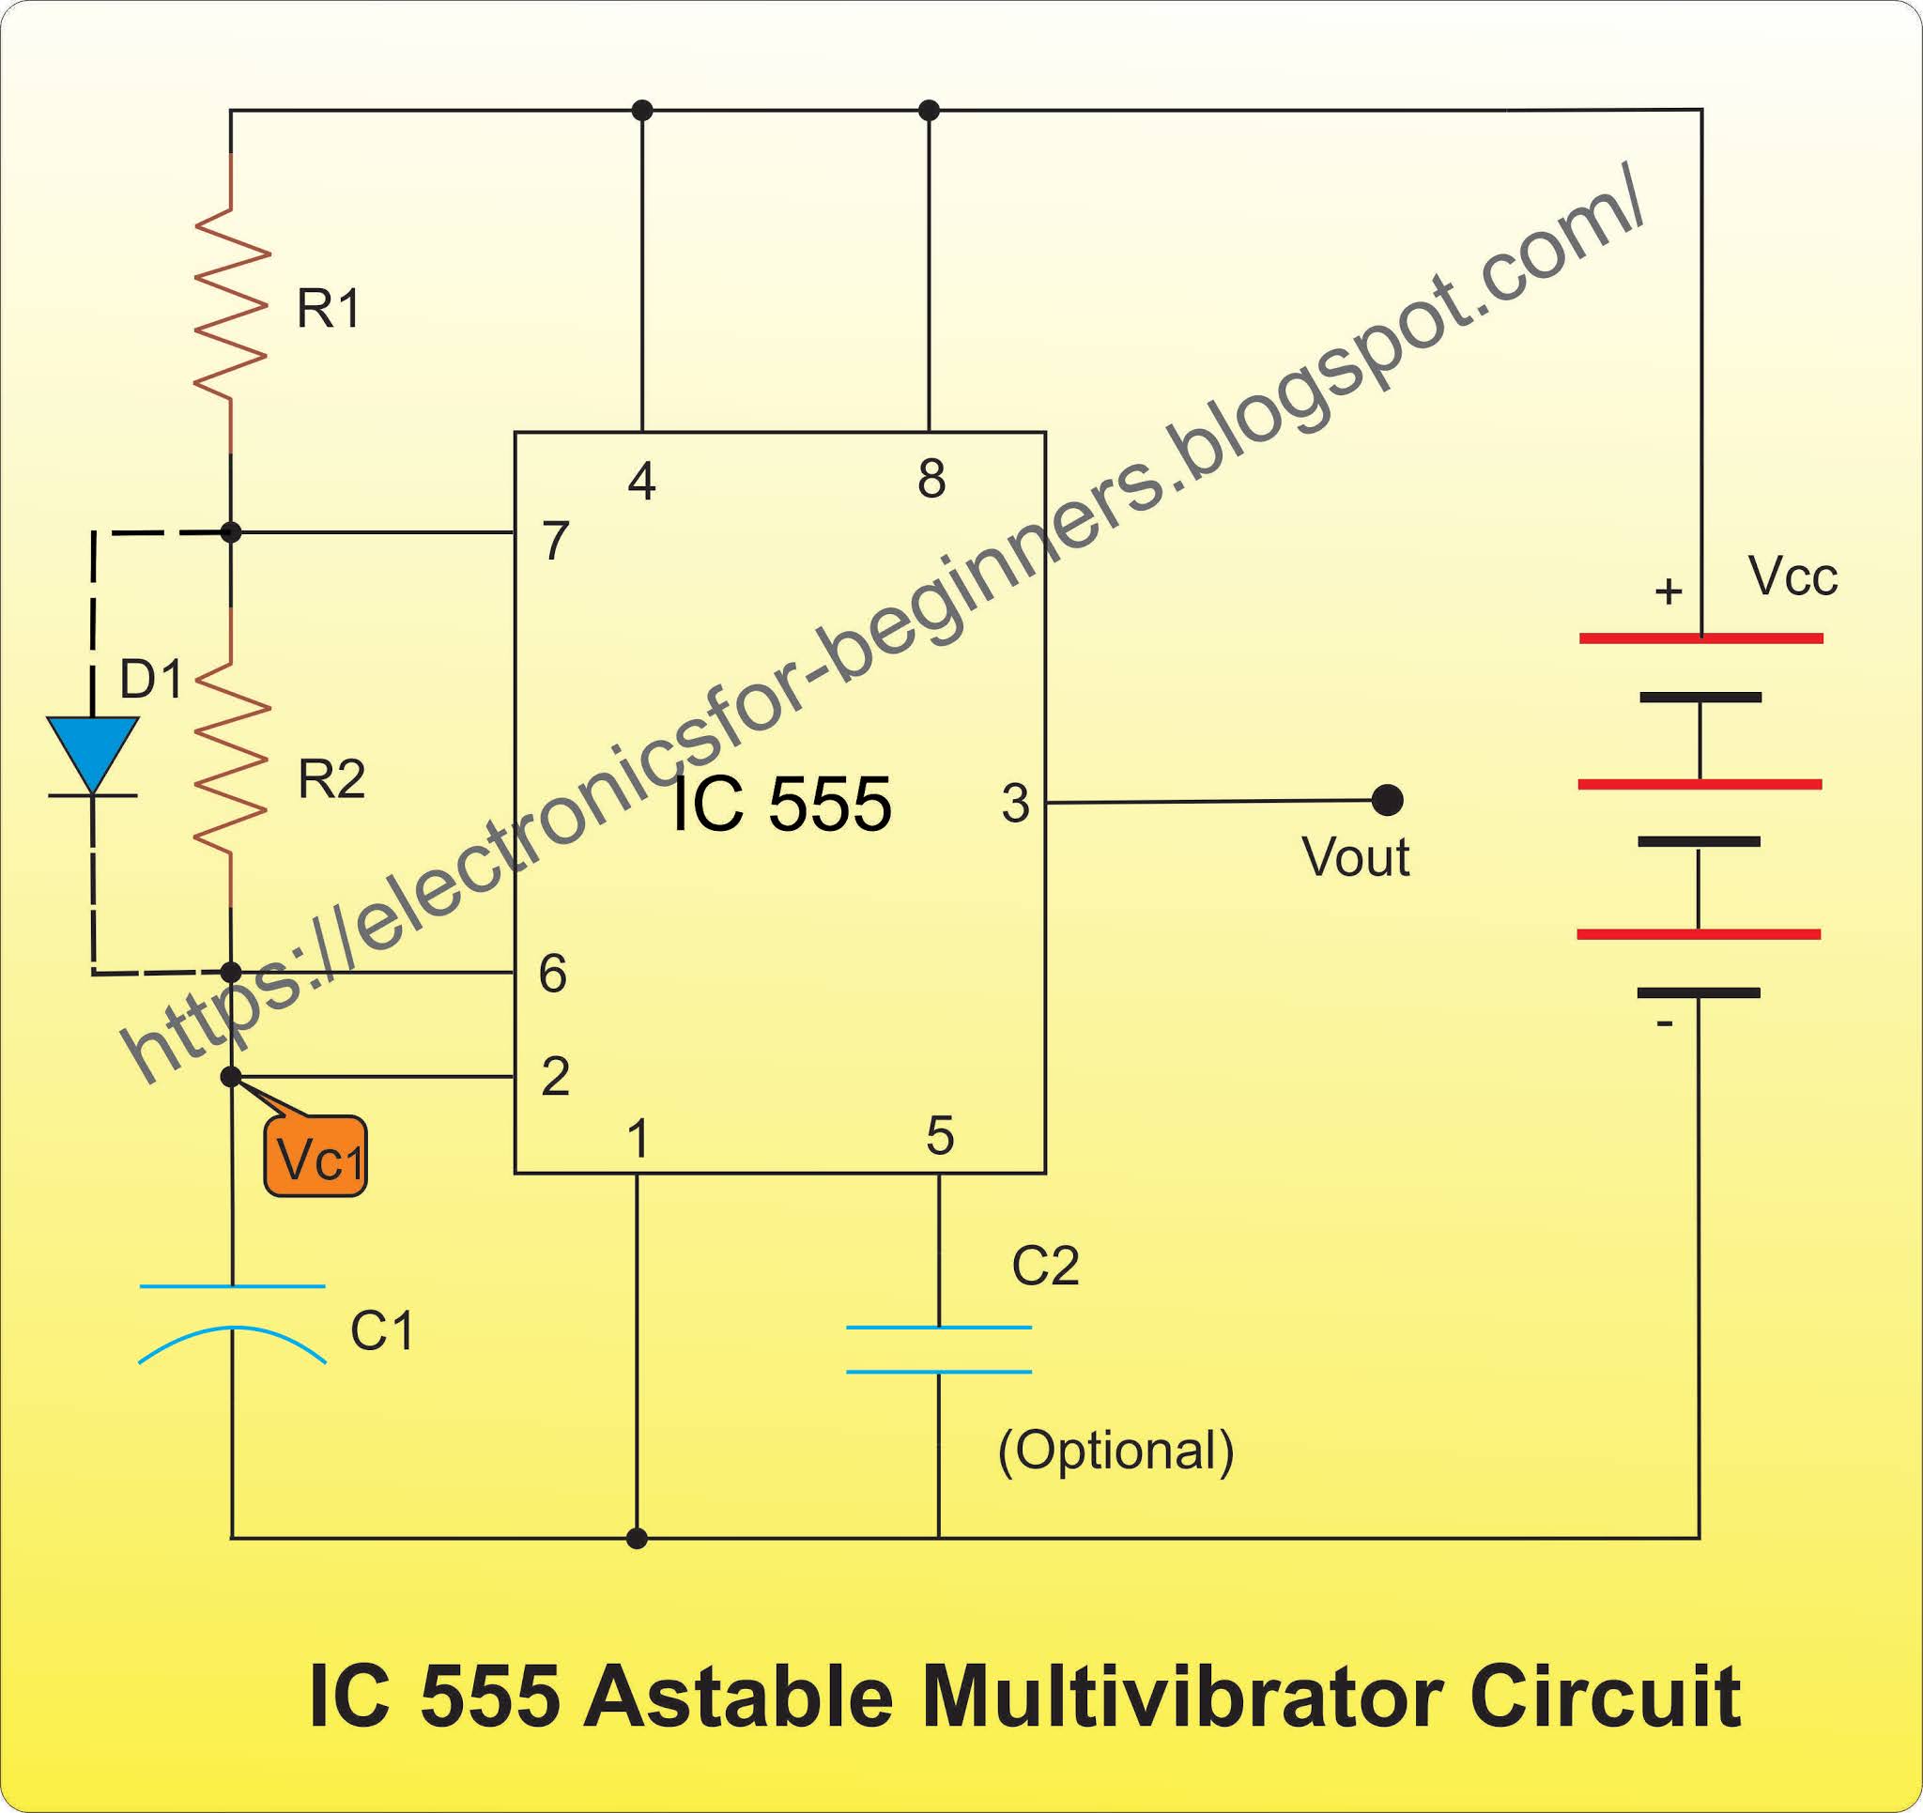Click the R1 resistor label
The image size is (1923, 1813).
[x=329, y=310]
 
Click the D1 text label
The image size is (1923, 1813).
[x=151, y=679]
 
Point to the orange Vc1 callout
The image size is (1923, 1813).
[x=317, y=1158]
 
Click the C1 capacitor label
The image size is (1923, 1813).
[x=382, y=1331]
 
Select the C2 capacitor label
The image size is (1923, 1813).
[x=1045, y=1266]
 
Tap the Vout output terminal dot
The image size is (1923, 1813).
[x=1387, y=800]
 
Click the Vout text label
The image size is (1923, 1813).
[x=1355, y=857]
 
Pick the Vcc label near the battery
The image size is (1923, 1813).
[x=1792, y=576]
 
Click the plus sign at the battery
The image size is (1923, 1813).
[x=1668, y=592]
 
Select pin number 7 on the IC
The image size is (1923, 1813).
[x=555, y=541]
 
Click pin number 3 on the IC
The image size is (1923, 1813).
[x=1016, y=803]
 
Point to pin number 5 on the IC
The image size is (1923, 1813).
[x=940, y=1136]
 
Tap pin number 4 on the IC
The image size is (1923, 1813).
[x=642, y=481]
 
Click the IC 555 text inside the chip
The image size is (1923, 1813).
[x=779, y=805]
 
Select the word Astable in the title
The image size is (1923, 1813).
[x=737, y=1697]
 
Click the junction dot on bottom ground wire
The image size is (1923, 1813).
[x=637, y=1538]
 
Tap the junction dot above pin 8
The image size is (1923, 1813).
[x=929, y=110]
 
